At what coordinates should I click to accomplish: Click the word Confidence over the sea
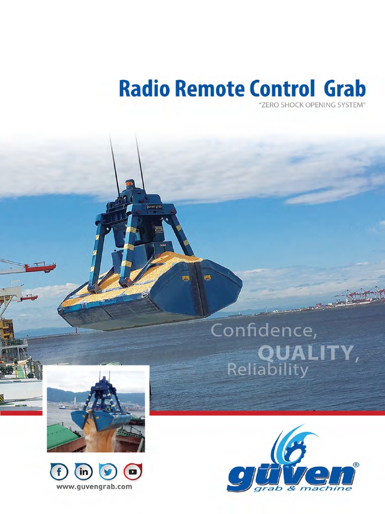click(x=264, y=330)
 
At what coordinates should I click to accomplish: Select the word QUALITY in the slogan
click(x=306, y=352)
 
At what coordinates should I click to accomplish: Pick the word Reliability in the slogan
click(x=267, y=370)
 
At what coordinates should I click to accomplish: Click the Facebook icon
click(x=59, y=472)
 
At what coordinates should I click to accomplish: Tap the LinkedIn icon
click(x=83, y=472)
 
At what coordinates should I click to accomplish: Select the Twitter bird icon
click(x=108, y=472)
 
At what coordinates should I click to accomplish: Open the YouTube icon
click(x=133, y=472)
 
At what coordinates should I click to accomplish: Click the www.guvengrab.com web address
click(x=94, y=487)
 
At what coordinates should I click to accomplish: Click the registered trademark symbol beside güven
click(x=356, y=465)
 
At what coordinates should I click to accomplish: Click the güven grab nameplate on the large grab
click(x=153, y=206)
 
